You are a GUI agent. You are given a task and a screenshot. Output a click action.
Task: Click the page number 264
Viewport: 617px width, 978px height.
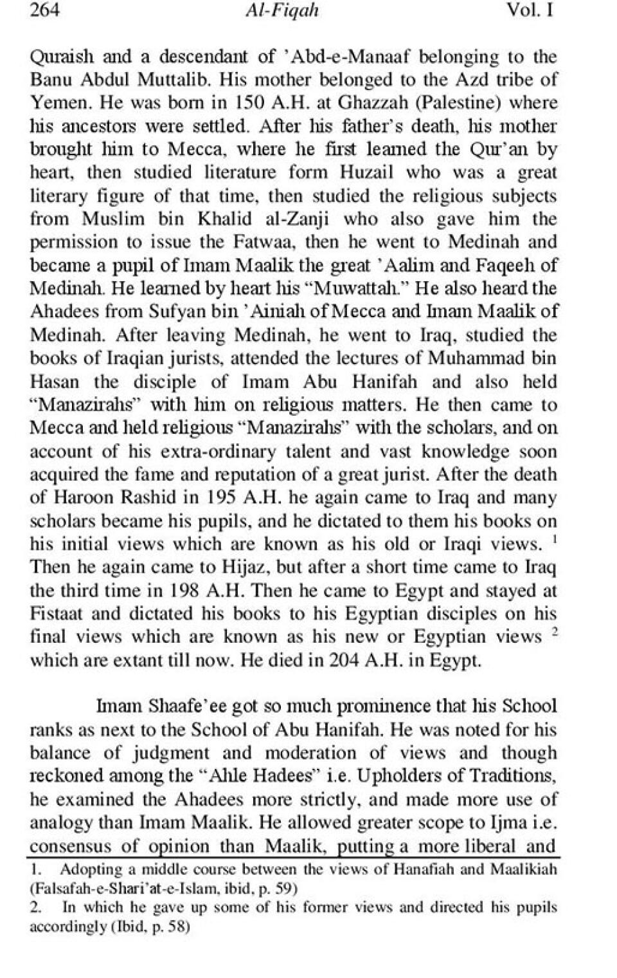pos(45,11)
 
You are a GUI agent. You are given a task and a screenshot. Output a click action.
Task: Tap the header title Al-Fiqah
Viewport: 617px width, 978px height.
pos(282,12)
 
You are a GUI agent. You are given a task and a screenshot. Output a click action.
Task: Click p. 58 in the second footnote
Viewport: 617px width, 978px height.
pos(168,928)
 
